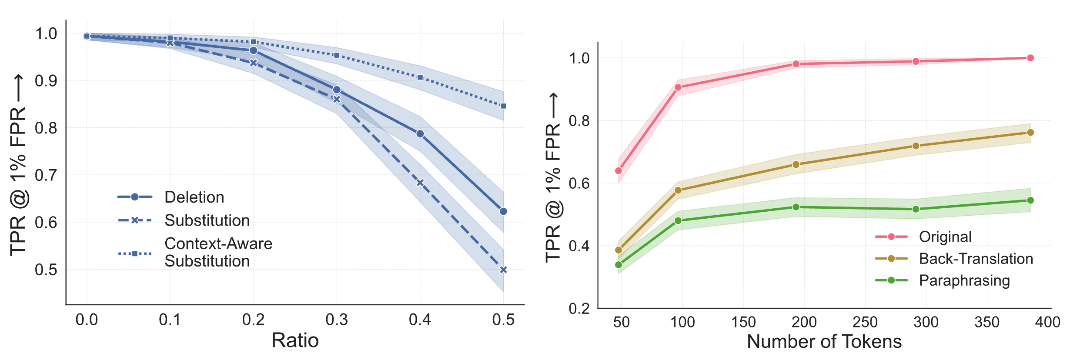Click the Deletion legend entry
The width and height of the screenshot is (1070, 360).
(x=194, y=197)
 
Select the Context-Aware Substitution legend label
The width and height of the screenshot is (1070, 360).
(x=218, y=253)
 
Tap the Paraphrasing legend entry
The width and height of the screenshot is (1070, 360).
(x=964, y=280)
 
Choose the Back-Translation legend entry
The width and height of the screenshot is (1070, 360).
(x=976, y=259)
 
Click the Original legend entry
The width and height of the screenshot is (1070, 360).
(x=945, y=237)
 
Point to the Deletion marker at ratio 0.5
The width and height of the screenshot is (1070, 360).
(x=503, y=211)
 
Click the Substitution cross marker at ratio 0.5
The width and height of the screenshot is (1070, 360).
(x=503, y=270)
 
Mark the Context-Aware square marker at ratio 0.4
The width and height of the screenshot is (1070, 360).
(x=420, y=77)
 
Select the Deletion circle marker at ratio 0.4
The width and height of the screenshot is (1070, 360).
(x=420, y=134)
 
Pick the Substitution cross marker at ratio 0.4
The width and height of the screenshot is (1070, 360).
(x=420, y=183)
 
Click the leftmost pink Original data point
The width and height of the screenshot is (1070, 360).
(x=619, y=170)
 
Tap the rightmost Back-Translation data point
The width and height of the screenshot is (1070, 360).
(x=1030, y=132)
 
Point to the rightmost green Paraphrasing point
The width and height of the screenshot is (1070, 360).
(x=1030, y=200)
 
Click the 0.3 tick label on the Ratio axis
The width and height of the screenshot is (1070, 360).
(x=337, y=320)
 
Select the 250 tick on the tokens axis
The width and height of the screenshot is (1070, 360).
(x=865, y=322)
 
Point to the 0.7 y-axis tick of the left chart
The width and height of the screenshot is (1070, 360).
(x=46, y=175)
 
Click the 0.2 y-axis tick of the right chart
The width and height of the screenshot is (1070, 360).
(x=579, y=309)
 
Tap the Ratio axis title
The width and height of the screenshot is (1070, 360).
(x=295, y=340)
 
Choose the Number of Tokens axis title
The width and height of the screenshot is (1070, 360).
(x=824, y=342)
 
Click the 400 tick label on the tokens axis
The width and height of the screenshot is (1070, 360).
(x=1047, y=322)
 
